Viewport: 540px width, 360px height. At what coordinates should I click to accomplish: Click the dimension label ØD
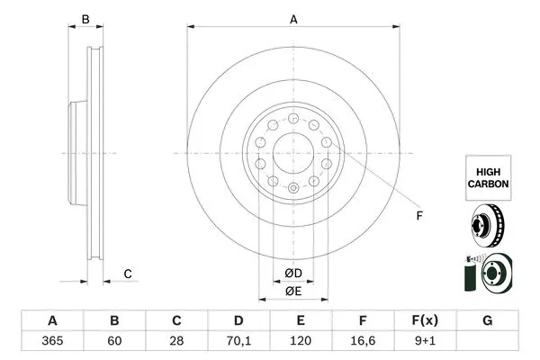coord(293,273)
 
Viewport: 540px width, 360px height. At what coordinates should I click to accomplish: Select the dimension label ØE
coord(293,291)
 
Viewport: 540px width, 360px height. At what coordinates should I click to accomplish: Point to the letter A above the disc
coord(293,18)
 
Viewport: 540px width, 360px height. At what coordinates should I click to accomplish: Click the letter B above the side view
coord(85,18)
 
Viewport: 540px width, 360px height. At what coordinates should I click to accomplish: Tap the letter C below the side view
coord(128,273)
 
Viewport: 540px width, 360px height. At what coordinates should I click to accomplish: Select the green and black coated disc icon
coord(487,274)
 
